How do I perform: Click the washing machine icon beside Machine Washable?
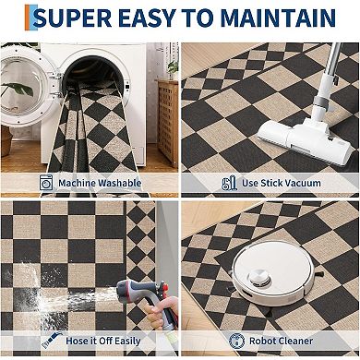[45, 183]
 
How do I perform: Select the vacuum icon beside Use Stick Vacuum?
[230, 183]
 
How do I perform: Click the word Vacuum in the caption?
[306, 183]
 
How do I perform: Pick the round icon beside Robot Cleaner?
[237, 341]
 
